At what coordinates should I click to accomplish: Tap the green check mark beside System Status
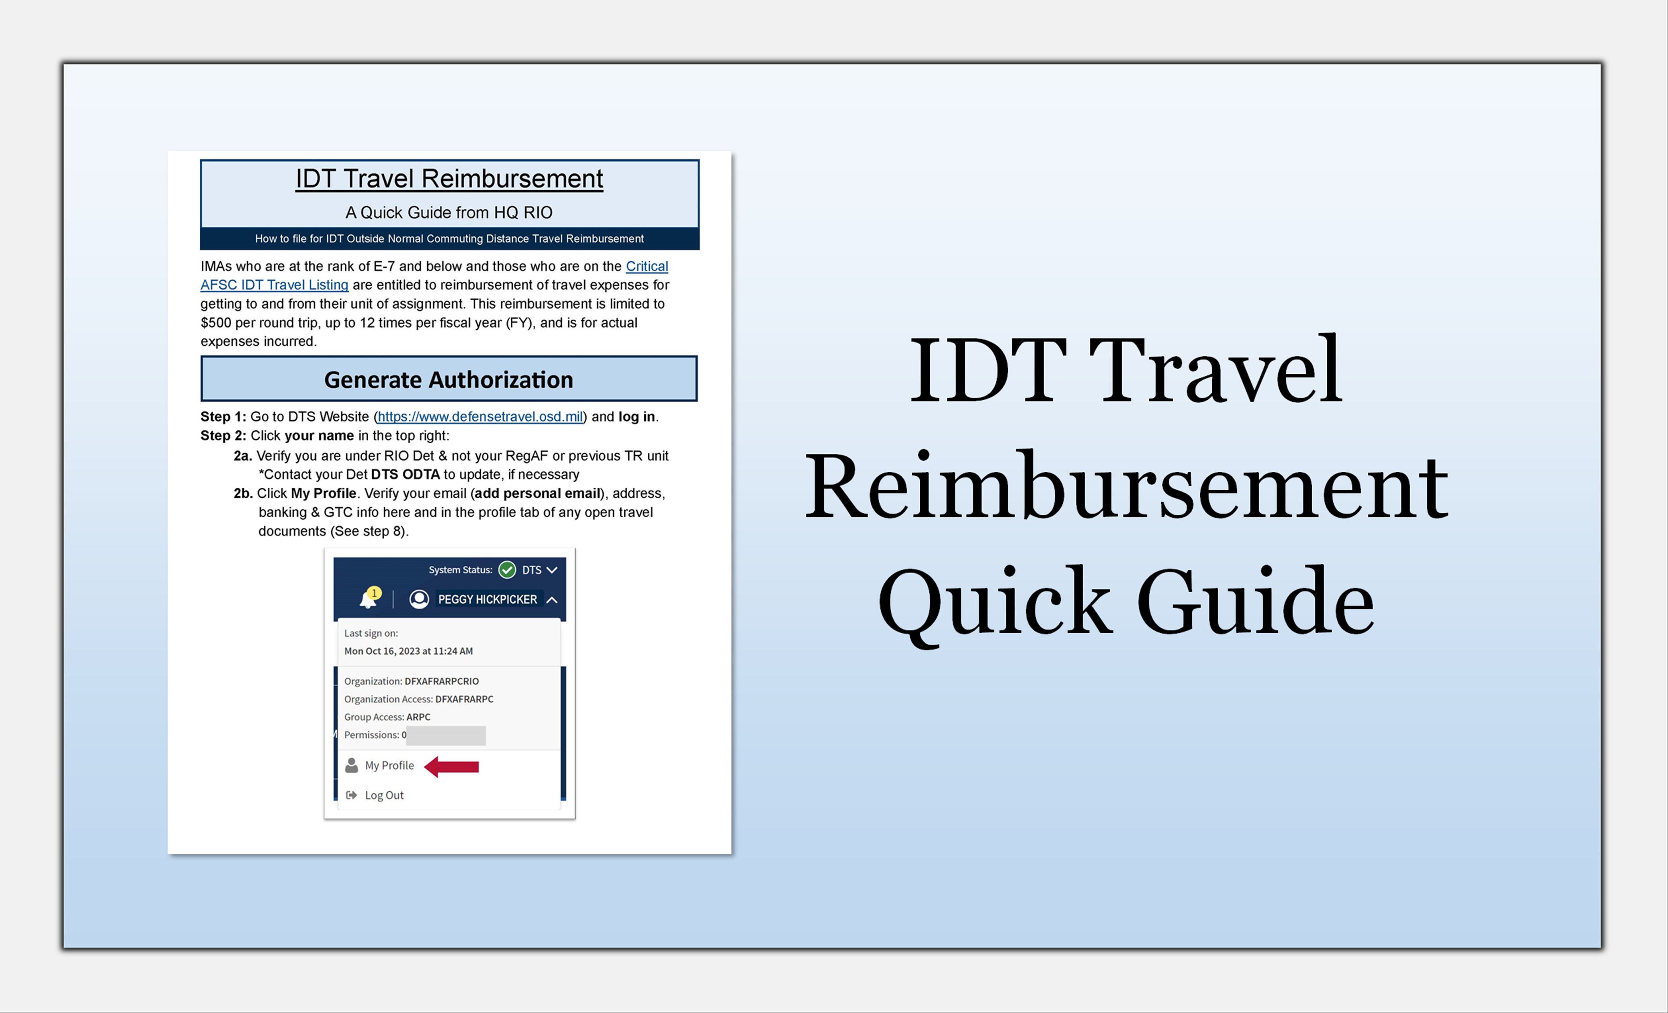[507, 570]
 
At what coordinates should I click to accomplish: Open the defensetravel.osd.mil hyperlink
[480, 416]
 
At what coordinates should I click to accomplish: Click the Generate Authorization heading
[449, 380]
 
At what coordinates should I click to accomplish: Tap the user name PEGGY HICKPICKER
[487, 599]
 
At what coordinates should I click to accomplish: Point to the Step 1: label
[223, 416]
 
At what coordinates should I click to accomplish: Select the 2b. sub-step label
[243, 493]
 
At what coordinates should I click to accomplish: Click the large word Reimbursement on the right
[1126, 487]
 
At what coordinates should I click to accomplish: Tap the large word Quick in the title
[995, 603]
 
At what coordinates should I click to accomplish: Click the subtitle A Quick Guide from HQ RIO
[449, 213]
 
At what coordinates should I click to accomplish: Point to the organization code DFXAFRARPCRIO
[441, 681]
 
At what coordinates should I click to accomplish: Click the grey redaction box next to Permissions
[446, 735]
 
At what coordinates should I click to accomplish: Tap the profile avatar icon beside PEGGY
[419, 599]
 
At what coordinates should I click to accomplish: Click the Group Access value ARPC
[418, 717]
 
